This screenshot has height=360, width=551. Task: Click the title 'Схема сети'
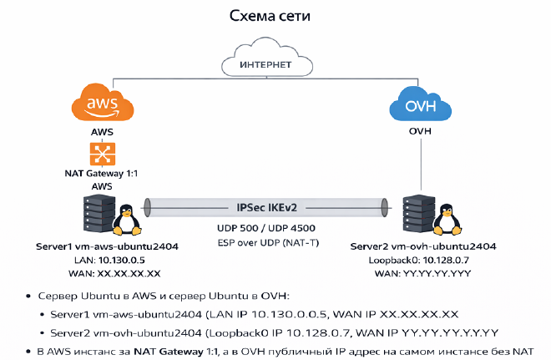[x=275, y=18]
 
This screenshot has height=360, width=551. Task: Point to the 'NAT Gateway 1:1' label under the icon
[x=101, y=174]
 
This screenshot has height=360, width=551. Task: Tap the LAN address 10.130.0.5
[x=119, y=261]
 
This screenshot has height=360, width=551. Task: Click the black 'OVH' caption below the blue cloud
[x=419, y=133]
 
